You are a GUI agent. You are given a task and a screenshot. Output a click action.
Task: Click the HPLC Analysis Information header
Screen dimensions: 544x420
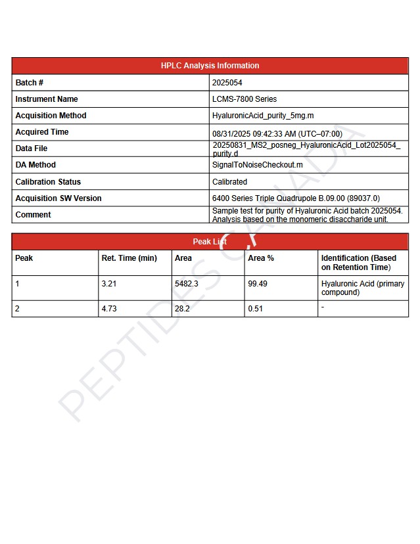(210, 66)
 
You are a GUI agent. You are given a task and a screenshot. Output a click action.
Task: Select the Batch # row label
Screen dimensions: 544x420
(30, 83)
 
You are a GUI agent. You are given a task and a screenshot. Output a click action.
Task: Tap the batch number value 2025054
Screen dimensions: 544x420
(227, 83)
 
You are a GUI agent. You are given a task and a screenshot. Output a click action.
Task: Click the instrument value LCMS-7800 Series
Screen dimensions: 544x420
(245, 99)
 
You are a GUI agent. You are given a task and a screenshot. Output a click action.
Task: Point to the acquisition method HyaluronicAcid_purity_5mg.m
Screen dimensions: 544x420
(263, 116)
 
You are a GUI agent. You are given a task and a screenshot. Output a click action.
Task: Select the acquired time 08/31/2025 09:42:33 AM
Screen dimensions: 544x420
(277, 133)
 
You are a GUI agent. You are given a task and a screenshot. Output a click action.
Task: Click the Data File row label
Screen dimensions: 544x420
(32, 148)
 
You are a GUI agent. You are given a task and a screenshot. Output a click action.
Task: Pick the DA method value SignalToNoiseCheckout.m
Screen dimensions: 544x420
(258, 165)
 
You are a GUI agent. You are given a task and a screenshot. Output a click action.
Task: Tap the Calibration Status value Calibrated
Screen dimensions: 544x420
(229, 182)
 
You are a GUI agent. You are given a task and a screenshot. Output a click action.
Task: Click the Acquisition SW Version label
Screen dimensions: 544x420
(58, 198)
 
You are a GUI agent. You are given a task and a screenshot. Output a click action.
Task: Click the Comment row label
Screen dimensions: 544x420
(33, 215)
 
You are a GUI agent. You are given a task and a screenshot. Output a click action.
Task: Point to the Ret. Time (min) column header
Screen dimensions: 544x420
(129, 258)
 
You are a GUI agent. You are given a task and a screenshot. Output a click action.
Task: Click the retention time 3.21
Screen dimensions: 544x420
(109, 284)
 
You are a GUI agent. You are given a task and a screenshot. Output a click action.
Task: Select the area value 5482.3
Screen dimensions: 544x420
(187, 284)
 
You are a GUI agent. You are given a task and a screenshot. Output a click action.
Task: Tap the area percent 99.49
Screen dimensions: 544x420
(258, 284)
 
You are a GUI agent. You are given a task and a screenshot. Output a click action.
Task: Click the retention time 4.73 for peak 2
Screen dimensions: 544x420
(109, 308)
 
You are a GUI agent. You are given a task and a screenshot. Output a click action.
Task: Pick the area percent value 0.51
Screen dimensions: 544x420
(256, 308)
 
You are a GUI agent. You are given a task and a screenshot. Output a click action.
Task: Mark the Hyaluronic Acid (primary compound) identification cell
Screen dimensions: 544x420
(363, 288)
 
